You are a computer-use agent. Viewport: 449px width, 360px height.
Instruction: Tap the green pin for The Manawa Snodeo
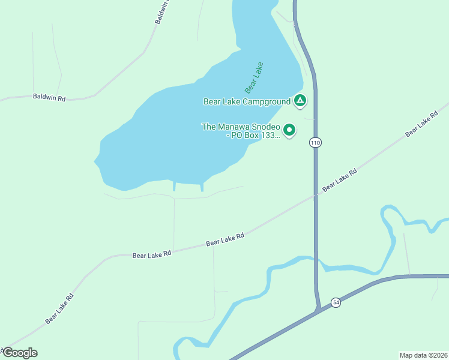pyautogui.click(x=289, y=129)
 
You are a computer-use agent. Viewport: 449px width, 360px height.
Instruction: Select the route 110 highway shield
pyautogui.click(x=316, y=142)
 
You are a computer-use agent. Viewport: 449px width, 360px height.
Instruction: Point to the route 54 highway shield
pyautogui.click(x=336, y=303)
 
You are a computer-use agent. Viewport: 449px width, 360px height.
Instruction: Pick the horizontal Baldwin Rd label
pyautogui.click(x=49, y=97)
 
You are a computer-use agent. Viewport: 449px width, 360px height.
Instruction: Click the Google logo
pyautogui.click(x=19, y=353)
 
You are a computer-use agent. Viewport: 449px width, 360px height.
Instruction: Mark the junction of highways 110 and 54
pyautogui.click(x=319, y=311)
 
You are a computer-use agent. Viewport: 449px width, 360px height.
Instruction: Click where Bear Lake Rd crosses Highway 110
pyautogui.click(x=316, y=194)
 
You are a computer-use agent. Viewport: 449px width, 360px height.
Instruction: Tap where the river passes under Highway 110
pyautogui.click(x=316, y=260)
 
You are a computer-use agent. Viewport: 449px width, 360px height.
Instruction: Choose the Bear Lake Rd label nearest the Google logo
pyautogui.click(x=59, y=309)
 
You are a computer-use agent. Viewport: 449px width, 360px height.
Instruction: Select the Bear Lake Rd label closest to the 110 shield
pyautogui.click(x=340, y=180)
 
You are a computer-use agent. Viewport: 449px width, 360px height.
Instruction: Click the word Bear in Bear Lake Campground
pyautogui.click(x=212, y=101)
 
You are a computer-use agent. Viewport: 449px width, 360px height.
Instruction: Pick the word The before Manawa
pyautogui.click(x=208, y=127)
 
